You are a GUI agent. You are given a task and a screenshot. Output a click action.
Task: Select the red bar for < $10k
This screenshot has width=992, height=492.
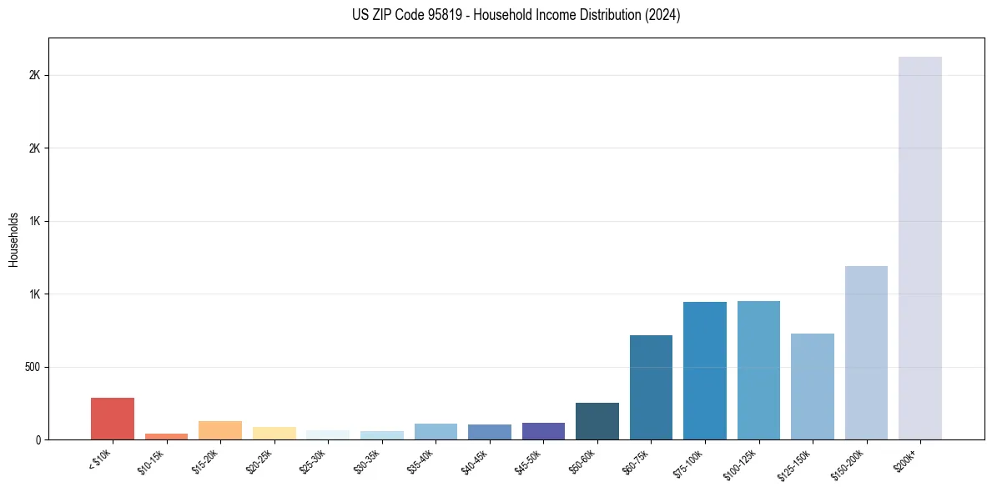[113, 419]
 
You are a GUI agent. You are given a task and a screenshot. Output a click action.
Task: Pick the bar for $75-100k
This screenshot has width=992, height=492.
[705, 370]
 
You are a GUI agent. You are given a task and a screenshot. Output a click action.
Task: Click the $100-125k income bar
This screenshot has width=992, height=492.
[758, 370]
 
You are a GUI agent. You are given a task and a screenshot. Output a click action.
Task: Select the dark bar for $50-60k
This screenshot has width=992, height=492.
[597, 421]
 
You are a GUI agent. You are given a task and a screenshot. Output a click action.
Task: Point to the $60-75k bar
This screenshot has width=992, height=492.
[651, 387]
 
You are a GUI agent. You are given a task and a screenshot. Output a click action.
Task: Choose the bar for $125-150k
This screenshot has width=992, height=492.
[812, 386]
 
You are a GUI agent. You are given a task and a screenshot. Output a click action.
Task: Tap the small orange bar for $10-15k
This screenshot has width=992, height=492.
[166, 436]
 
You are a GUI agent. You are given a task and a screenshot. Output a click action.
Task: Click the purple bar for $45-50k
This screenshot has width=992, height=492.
[543, 431]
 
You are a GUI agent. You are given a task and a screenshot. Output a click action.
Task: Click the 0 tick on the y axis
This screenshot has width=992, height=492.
[38, 439]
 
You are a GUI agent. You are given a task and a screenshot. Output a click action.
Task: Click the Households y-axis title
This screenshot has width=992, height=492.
[13, 239]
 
